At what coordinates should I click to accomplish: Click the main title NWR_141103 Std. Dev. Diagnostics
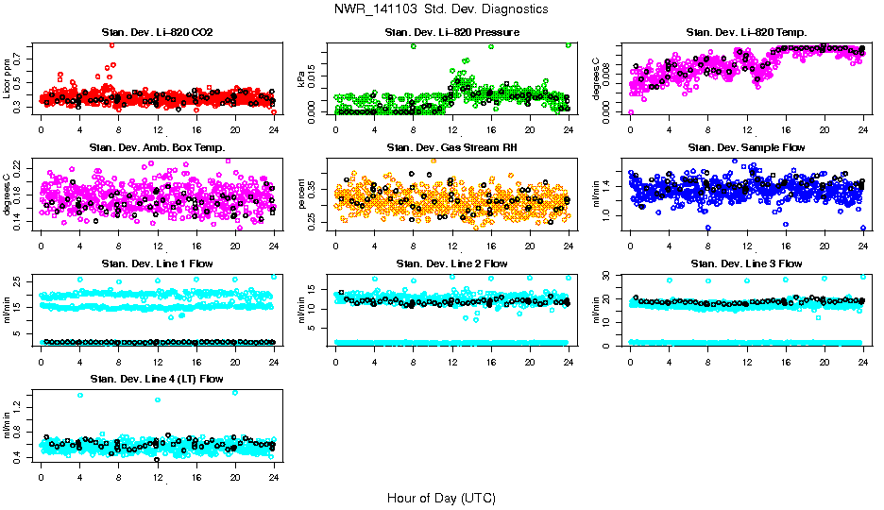pos(440,9)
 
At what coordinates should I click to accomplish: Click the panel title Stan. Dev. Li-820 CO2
pos(157,33)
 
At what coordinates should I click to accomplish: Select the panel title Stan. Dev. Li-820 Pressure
pos(452,33)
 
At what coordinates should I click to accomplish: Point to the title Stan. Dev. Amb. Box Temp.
pos(157,147)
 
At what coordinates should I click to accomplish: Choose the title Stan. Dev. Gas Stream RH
pos(452,147)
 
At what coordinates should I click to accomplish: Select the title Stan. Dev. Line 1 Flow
pos(157,263)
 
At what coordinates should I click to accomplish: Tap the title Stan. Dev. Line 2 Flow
pos(452,263)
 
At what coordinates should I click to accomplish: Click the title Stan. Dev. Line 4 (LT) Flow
pos(157,380)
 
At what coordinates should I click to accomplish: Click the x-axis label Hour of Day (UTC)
pos(441,498)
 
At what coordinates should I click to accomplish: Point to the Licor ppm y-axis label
pos(8,79)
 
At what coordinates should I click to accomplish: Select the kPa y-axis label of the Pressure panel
pos(303,79)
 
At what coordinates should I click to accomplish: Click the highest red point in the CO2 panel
pos(112,44)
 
